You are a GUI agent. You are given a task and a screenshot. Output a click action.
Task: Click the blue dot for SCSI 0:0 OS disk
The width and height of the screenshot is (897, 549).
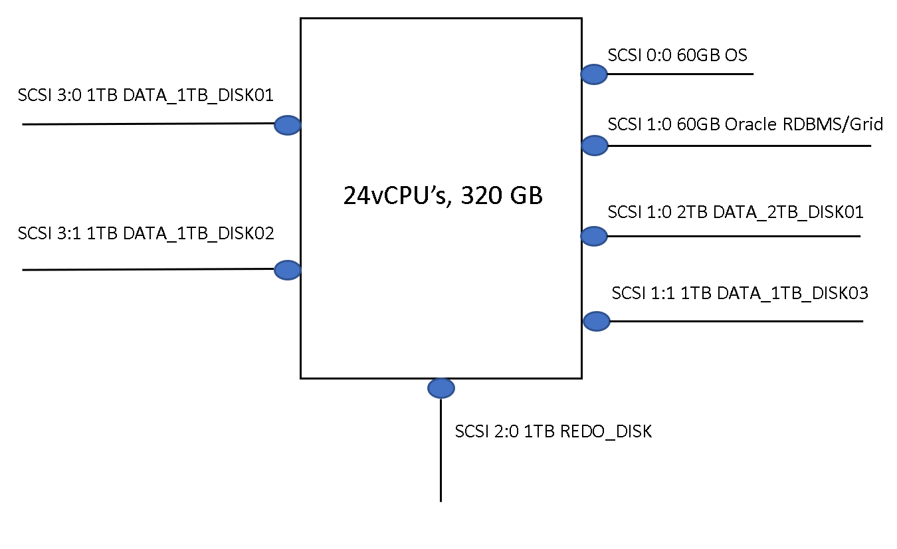pyautogui.click(x=594, y=74)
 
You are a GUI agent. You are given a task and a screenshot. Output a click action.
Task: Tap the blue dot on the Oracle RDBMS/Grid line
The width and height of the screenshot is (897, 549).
pyautogui.click(x=595, y=146)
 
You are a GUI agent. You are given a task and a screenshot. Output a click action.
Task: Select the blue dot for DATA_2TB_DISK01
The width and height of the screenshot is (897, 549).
pyautogui.click(x=594, y=235)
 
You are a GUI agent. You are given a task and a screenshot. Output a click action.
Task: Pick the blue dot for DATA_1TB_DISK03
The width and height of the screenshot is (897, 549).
pyautogui.click(x=597, y=321)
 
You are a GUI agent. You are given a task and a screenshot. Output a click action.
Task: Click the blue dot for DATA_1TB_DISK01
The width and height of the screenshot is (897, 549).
pyautogui.click(x=288, y=124)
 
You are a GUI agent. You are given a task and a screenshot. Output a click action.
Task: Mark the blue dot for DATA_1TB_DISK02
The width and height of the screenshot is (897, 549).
pyautogui.click(x=288, y=269)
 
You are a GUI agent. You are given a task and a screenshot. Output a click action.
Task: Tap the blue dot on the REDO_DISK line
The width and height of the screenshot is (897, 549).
pyautogui.click(x=441, y=387)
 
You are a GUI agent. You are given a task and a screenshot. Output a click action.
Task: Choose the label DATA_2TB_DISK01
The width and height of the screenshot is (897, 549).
pyautogui.click(x=788, y=212)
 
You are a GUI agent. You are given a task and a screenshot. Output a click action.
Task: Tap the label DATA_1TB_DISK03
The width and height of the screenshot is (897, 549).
pyautogui.click(x=793, y=293)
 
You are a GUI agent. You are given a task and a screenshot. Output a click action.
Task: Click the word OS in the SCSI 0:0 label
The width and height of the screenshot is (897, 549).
pyautogui.click(x=736, y=55)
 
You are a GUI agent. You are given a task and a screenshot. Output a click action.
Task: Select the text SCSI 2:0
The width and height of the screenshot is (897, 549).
pyautogui.click(x=486, y=431)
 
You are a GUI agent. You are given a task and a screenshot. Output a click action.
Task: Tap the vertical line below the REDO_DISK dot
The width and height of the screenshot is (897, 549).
pyautogui.click(x=441, y=459)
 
